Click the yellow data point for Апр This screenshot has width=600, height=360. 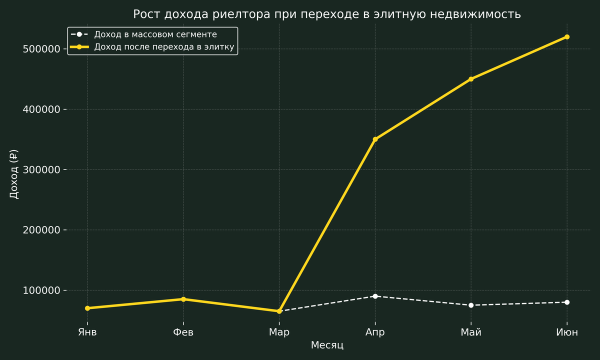375,139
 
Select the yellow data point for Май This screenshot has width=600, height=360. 471,79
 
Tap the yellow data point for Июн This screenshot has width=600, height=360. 566,37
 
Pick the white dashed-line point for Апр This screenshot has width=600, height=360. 375,296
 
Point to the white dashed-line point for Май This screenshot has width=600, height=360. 471,305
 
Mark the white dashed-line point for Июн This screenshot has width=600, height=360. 566,302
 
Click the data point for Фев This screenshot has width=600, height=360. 183,299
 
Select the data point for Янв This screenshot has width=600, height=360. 87,308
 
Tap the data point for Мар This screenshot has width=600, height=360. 279,311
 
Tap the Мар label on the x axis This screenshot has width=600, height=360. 279,332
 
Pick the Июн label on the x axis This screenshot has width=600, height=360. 566,332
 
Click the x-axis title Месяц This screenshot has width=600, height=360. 327,345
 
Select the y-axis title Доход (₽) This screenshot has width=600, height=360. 14,174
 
